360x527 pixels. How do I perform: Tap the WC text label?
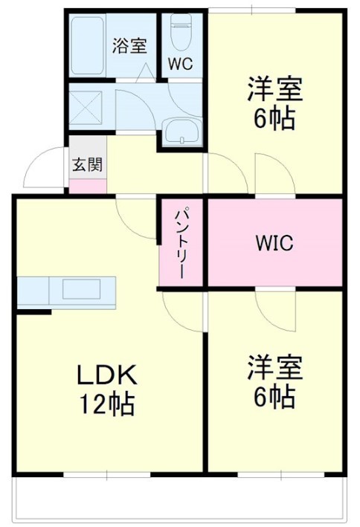[x=180, y=64]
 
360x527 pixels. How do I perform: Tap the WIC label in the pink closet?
[x=274, y=243]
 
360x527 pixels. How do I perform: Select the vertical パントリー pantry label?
[x=179, y=242]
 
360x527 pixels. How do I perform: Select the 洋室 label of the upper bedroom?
[x=274, y=89]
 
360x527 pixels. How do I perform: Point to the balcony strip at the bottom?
[x=179, y=495]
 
